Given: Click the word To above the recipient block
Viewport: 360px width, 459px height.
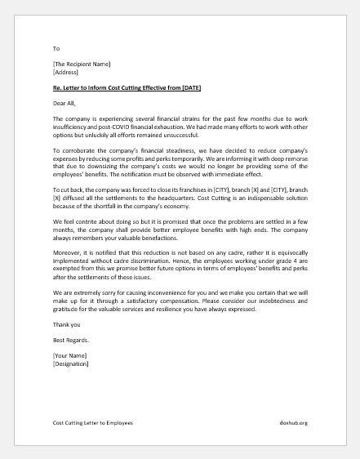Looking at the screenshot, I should click(x=56, y=48).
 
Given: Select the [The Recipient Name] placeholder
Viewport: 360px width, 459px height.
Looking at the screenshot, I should click(x=82, y=64).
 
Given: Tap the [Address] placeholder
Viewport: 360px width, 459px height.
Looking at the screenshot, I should click(x=66, y=72).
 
